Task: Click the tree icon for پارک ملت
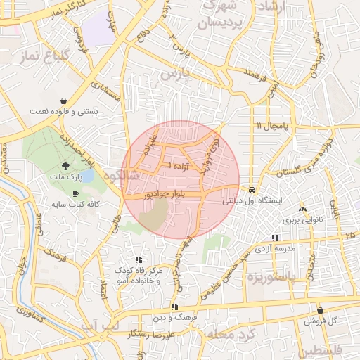click(x=65, y=167)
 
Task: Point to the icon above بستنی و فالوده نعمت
click(x=65, y=101)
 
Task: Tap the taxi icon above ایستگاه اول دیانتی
click(x=251, y=190)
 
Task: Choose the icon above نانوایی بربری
click(x=302, y=209)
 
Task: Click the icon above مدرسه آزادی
click(x=274, y=238)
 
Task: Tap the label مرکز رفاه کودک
click(x=138, y=271)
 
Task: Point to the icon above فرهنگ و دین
click(x=174, y=307)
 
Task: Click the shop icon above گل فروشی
click(x=321, y=309)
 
